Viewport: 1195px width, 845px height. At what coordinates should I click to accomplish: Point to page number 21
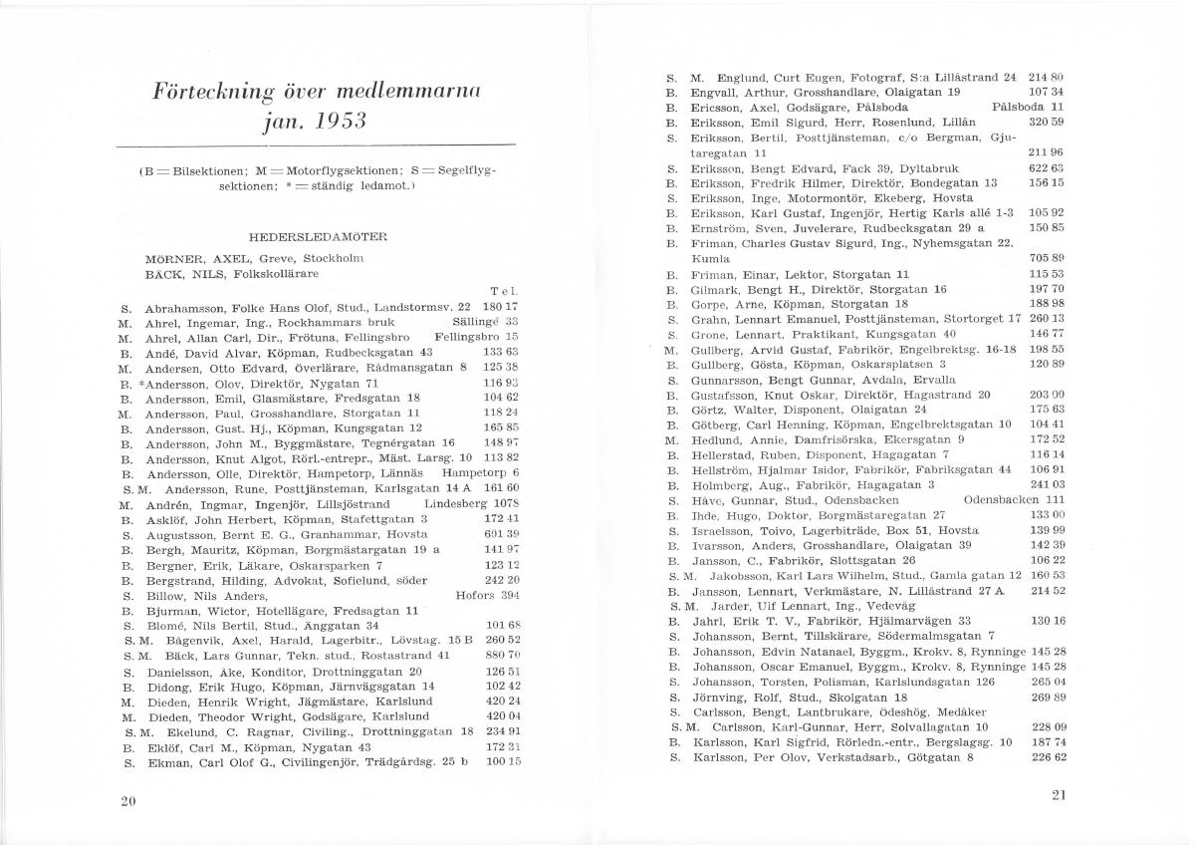(x=1058, y=794)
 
